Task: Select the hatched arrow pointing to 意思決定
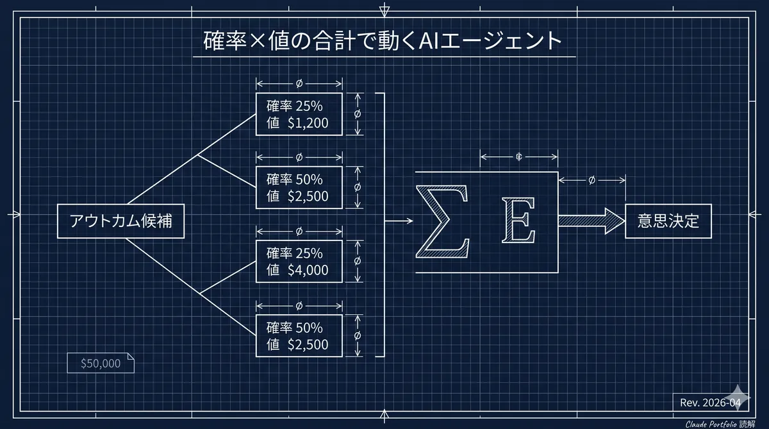(590, 221)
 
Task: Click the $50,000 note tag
(101, 364)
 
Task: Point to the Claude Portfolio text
(711, 424)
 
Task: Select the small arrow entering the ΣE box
(399, 221)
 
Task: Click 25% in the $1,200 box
(310, 105)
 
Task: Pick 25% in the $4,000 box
(310, 252)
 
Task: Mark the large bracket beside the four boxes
(383, 224)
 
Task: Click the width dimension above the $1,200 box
(299, 83)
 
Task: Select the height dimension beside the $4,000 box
(357, 261)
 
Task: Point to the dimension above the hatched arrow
(591, 180)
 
